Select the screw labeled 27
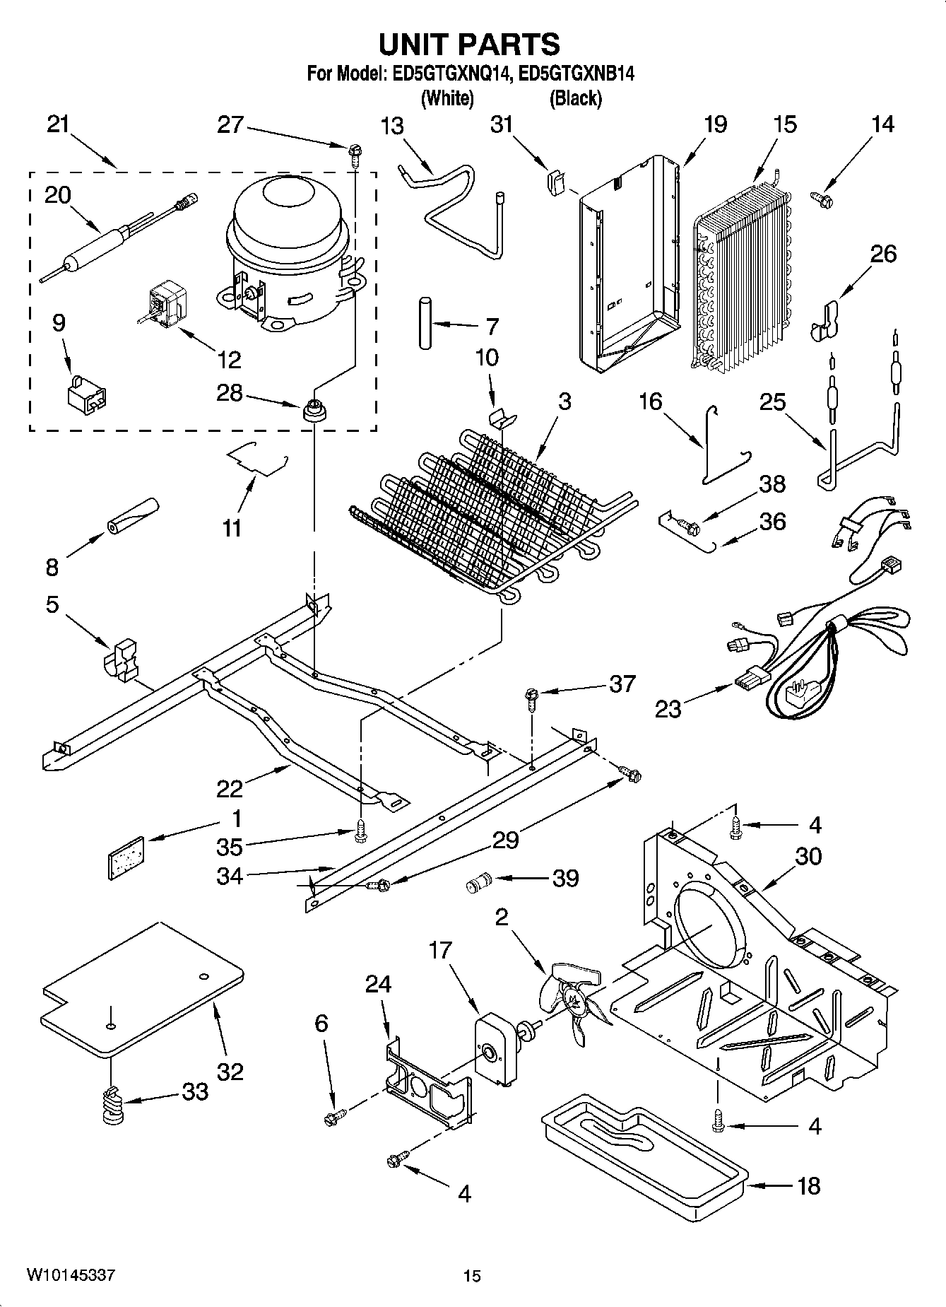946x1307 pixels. (x=353, y=153)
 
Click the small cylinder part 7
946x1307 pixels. (x=425, y=322)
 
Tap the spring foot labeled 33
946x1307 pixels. (x=112, y=1108)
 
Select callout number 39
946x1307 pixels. (x=566, y=878)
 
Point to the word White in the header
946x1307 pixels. (x=447, y=98)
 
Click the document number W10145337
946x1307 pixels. (x=71, y=1275)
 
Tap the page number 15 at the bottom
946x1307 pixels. (x=472, y=1276)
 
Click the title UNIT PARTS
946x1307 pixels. (x=469, y=45)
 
